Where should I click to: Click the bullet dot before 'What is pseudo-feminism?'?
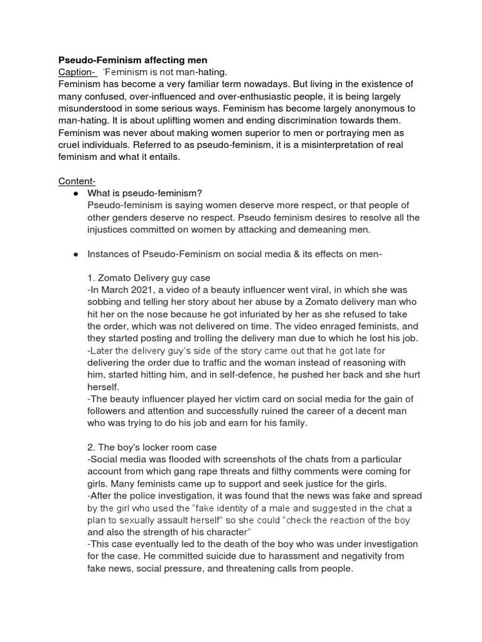pos(75,193)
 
